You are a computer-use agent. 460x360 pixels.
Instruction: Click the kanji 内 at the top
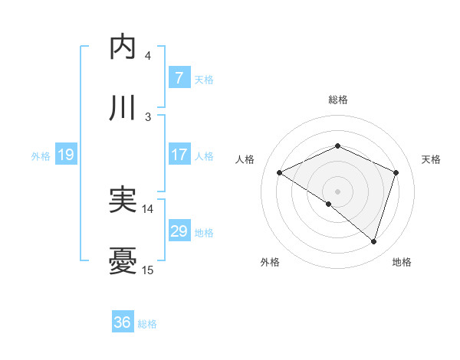(123, 47)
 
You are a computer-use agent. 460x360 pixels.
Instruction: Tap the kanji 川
(123, 108)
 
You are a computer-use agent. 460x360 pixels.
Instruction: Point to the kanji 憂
(123, 261)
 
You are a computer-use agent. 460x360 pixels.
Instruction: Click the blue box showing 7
(179, 77)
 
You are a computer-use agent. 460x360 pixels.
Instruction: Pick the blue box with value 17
(179, 155)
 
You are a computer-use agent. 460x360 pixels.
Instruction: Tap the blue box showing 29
(179, 231)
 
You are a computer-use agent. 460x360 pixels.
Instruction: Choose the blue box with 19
(65, 155)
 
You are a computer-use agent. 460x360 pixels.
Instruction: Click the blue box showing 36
(122, 322)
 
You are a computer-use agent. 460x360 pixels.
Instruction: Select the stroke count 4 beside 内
(147, 55)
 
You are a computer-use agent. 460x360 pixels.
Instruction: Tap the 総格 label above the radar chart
(338, 100)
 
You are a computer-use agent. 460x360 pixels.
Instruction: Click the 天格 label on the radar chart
(431, 159)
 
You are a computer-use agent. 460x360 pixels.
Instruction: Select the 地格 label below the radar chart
(402, 263)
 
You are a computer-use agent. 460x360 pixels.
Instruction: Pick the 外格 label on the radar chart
(270, 263)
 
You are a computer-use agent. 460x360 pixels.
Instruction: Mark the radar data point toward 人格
(280, 173)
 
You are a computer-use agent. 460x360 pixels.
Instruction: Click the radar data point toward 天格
(396, 172)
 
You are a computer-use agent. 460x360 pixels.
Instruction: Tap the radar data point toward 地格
(373, 241)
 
